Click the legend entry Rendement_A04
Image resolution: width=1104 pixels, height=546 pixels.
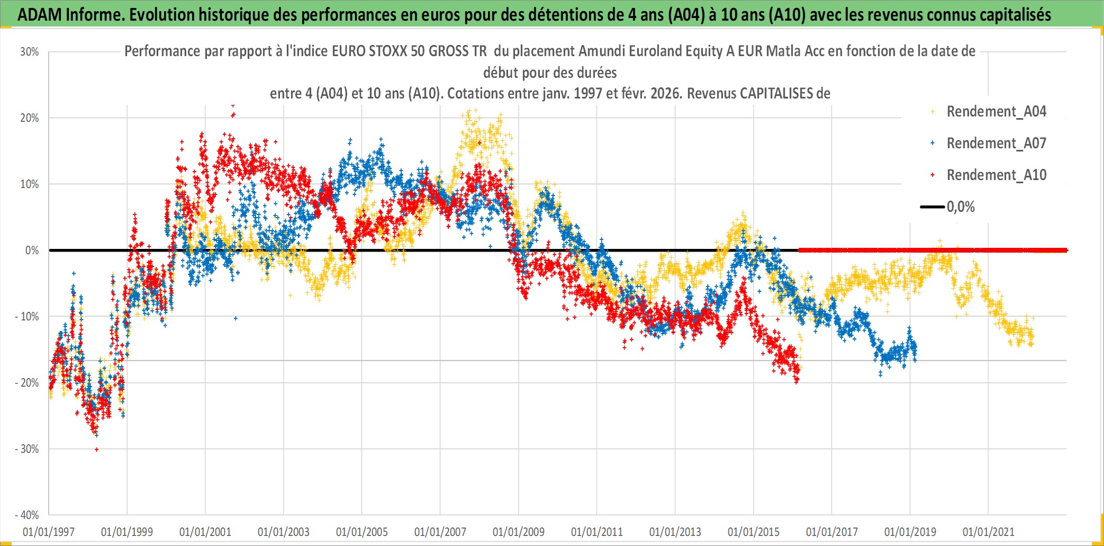(996, 112)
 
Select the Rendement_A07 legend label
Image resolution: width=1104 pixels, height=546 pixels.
(996, 144)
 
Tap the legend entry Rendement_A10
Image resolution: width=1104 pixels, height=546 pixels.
(996, 175)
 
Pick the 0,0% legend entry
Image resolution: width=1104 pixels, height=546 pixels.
(960, 207)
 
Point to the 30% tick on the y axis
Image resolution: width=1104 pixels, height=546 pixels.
(30, 52)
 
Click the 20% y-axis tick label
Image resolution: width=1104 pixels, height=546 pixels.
(30, 118)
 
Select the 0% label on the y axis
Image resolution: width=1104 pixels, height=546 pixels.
(32, 250)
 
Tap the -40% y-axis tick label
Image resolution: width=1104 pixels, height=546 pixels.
(27, 515)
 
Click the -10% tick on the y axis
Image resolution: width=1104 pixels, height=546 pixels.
(27, 317)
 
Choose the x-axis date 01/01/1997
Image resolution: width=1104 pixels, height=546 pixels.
(49, 532)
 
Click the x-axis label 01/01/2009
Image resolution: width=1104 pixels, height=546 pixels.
(518, 532)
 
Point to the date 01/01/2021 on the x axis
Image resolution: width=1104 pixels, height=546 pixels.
(988, 532)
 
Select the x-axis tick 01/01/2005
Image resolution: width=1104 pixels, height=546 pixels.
(361, 532)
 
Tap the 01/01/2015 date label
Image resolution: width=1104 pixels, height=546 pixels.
(753, 532)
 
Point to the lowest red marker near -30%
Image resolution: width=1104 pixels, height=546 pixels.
(96, 450)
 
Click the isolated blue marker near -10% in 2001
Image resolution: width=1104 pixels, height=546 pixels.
(236, 318)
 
